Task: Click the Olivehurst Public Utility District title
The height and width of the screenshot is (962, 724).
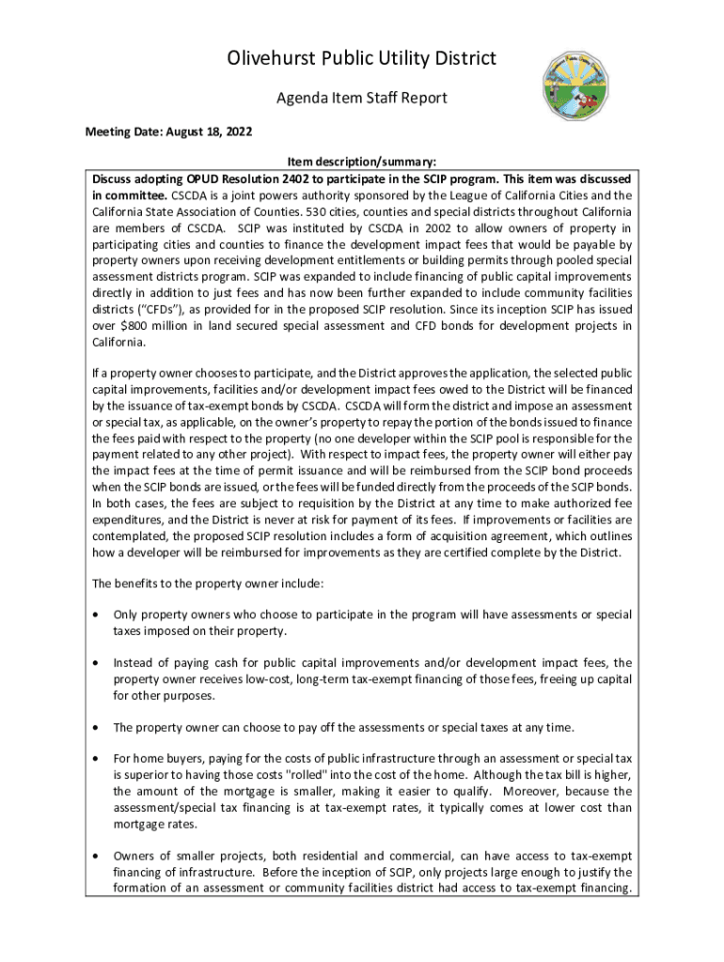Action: pos(362,60)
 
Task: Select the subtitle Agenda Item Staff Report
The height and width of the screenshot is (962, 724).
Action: pos(362,98)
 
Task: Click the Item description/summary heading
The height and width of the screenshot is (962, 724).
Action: pos(361,162)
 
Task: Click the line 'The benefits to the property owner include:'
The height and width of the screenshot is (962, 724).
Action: pos(208,583)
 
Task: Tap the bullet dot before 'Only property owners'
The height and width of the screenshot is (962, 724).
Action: pos(97,614)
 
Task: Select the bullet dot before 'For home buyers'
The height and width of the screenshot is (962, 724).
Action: pos(97,758)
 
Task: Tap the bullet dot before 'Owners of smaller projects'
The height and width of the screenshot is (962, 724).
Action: pos(97,856)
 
